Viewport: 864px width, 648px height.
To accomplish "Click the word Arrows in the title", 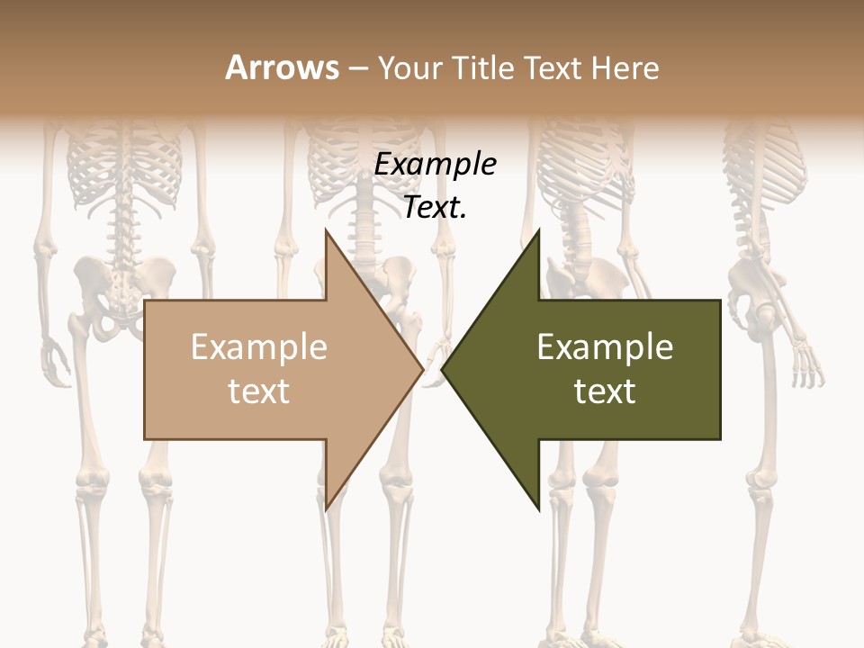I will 282,67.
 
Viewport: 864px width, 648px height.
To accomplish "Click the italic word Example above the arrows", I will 436,165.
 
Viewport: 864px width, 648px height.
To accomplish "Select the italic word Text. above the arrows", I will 436,208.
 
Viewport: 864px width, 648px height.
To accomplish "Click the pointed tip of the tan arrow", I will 421,369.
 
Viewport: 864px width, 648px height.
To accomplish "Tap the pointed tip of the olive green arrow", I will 444,369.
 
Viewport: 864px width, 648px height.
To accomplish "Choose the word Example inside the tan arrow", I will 259,347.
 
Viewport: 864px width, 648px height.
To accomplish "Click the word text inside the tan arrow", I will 259,391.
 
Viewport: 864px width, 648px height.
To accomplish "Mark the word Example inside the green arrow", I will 605,347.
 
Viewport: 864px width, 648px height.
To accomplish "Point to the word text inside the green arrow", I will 605,391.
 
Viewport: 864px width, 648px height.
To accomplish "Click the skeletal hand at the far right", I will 807,364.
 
